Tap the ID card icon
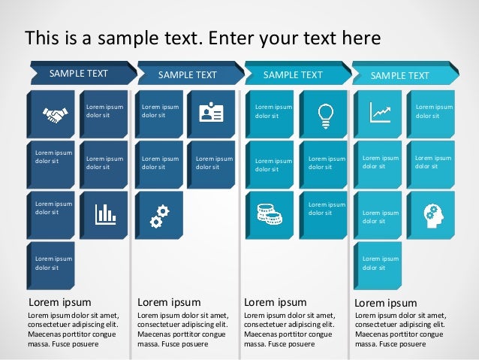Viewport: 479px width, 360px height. point(211,113)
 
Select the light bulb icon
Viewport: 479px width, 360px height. point(325,113)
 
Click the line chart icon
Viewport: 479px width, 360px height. point(380,113)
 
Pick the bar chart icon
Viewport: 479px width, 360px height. point(105,214)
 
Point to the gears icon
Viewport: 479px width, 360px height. point(158,215)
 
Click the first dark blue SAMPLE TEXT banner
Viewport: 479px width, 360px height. point(79,74)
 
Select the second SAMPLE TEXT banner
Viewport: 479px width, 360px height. point(188,75)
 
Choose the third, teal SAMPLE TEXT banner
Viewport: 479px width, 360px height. point(294,74)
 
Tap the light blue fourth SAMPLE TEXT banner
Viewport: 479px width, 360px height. point(400,75)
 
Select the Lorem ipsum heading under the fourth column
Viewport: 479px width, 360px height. point(385,303)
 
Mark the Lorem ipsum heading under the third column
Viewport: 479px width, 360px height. point(276,302)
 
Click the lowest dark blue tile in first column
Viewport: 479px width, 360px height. point(51,264)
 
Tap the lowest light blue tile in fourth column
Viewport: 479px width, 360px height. point(378,264)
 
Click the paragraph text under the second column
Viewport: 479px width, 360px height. point(183,329)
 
